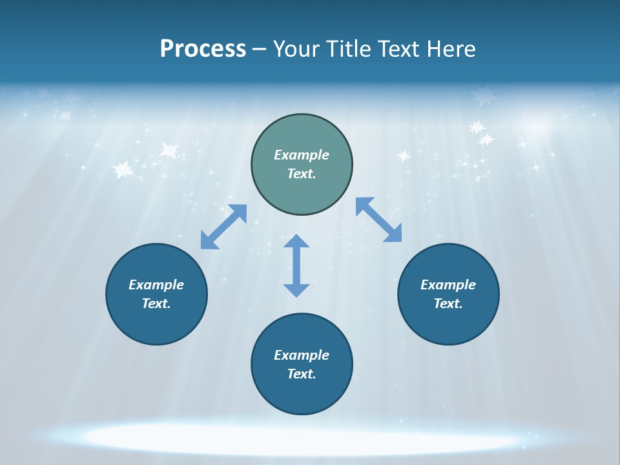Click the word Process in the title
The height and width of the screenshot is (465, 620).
[203, 48]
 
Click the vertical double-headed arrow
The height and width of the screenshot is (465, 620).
[296, 266]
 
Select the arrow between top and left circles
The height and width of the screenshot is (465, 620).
[223, 227]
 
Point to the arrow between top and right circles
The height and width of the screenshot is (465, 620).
[379, 220]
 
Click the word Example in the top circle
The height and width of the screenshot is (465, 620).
[302, 155]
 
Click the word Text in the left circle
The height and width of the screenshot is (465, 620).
[156, 304]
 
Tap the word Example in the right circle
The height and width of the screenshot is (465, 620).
[448, 285]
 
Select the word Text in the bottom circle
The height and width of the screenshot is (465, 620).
[302, 374]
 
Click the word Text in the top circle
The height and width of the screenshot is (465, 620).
[302, 174]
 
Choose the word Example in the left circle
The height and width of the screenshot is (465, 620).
[156, 285]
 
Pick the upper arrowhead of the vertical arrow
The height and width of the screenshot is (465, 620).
[296, 241]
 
